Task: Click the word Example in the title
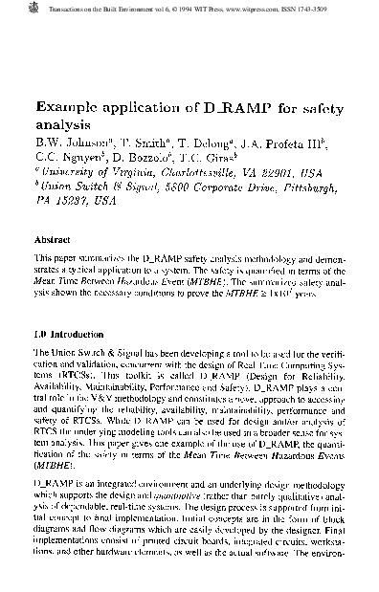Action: [x=66, y=108]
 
